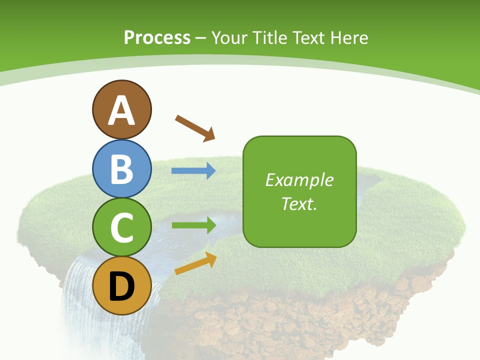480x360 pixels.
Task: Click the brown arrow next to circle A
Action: [195, 128]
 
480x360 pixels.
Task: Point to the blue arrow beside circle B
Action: [193, 171]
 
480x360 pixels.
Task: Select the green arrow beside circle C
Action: [193, 225]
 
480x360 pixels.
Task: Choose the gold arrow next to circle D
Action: [195, 263]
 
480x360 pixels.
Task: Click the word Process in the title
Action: [157, 37]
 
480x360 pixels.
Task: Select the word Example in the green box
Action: [299, 180]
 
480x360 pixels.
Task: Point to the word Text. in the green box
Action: [299, 203]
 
